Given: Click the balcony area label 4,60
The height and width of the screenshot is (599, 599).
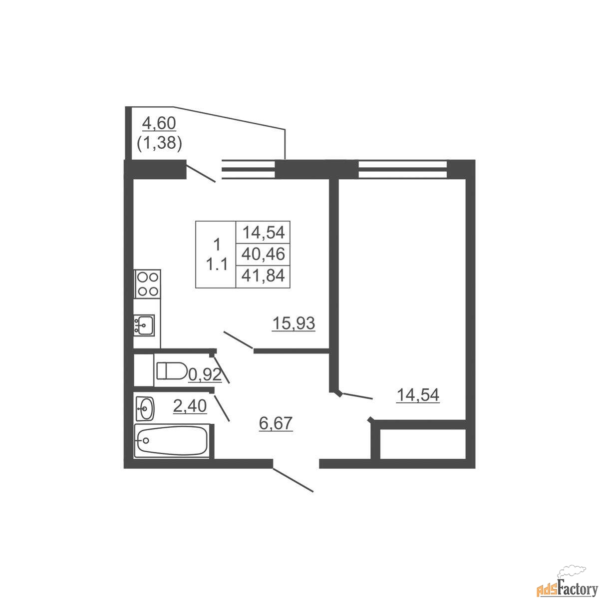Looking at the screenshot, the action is (159, 124).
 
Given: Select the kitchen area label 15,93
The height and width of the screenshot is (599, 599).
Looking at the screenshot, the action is (294, 323).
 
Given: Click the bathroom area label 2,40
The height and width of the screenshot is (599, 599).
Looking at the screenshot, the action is (190, 406).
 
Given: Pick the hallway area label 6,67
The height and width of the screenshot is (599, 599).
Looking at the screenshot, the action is (276, 423).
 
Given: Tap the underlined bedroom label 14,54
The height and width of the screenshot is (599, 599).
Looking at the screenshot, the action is (418, 395).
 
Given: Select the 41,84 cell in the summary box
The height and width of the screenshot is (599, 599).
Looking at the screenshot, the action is (263, 276).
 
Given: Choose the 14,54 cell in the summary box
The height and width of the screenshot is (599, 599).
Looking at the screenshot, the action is (263, 232).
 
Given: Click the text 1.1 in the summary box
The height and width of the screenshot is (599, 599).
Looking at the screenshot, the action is (217, 265).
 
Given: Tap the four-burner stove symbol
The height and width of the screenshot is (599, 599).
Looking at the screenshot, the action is (147, 284).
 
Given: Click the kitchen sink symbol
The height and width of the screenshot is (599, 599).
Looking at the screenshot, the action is (144, 325).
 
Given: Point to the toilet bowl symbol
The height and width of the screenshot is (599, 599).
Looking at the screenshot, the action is (172, 370).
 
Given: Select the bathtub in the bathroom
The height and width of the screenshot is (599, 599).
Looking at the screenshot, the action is (171, 441).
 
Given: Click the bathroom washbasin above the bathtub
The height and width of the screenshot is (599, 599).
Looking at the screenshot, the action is (145, 409).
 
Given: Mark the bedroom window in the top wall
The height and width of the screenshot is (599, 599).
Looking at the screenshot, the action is (403, 169).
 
